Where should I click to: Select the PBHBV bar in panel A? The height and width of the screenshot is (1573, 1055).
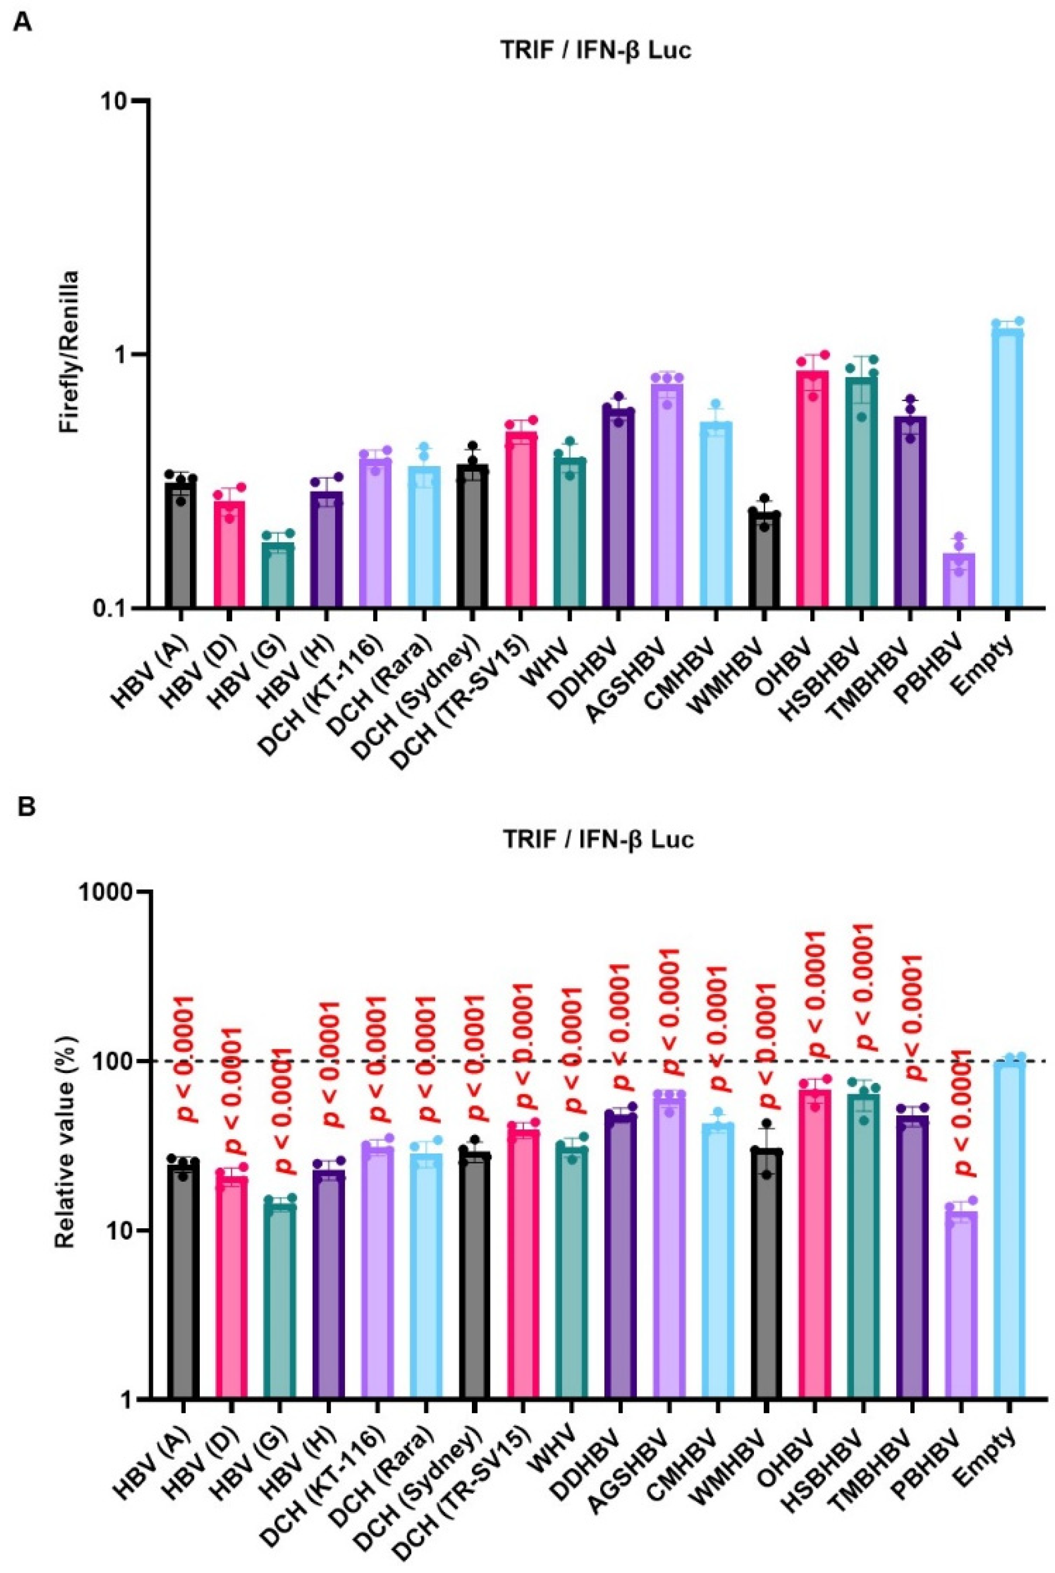(x=958, y=579)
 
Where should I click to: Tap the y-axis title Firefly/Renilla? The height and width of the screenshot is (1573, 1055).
(x=67, y=354)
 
